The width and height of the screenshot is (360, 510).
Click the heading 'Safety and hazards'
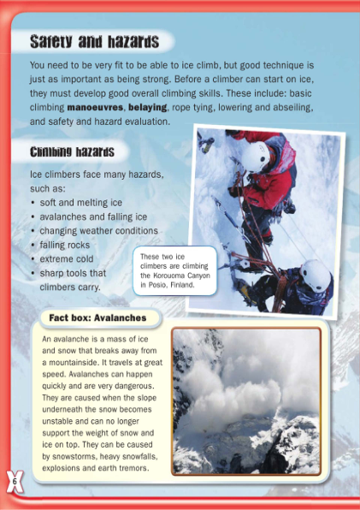94,41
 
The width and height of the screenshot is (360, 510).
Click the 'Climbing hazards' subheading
72,152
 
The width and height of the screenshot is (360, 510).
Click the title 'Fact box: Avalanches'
97,317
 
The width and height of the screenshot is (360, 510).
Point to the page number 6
15,482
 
